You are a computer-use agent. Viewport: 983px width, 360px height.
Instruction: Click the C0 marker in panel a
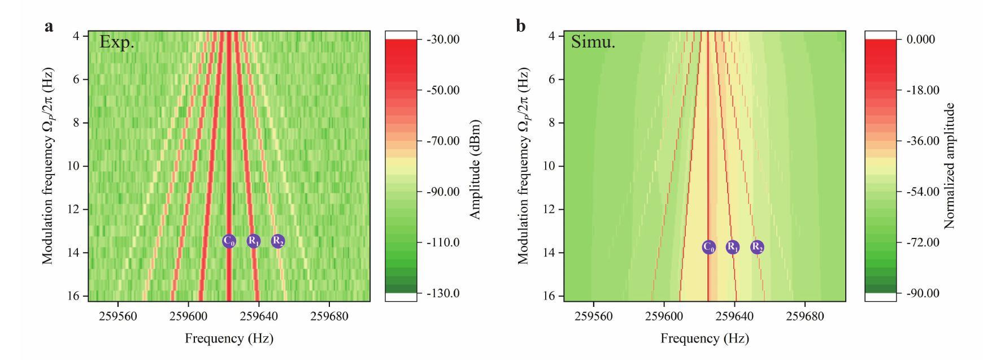pos(229,241)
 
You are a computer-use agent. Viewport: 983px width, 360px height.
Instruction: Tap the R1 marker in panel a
pos(254,241)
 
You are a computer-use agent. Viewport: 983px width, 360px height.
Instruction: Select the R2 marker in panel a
pos(277,241)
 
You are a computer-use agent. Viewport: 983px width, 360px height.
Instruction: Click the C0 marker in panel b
pos(708,247)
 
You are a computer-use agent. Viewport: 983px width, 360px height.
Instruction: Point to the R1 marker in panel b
pos(732,247)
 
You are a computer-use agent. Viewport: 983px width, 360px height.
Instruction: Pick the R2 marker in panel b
pos(757,247)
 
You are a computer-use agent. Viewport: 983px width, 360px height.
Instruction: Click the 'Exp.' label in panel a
pos(117,42)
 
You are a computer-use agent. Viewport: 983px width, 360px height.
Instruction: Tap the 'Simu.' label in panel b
pos(593,42)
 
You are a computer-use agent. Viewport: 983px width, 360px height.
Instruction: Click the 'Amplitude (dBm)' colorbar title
pos(475,169)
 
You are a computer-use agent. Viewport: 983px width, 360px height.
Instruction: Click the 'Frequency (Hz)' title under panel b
pos(704,339)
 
